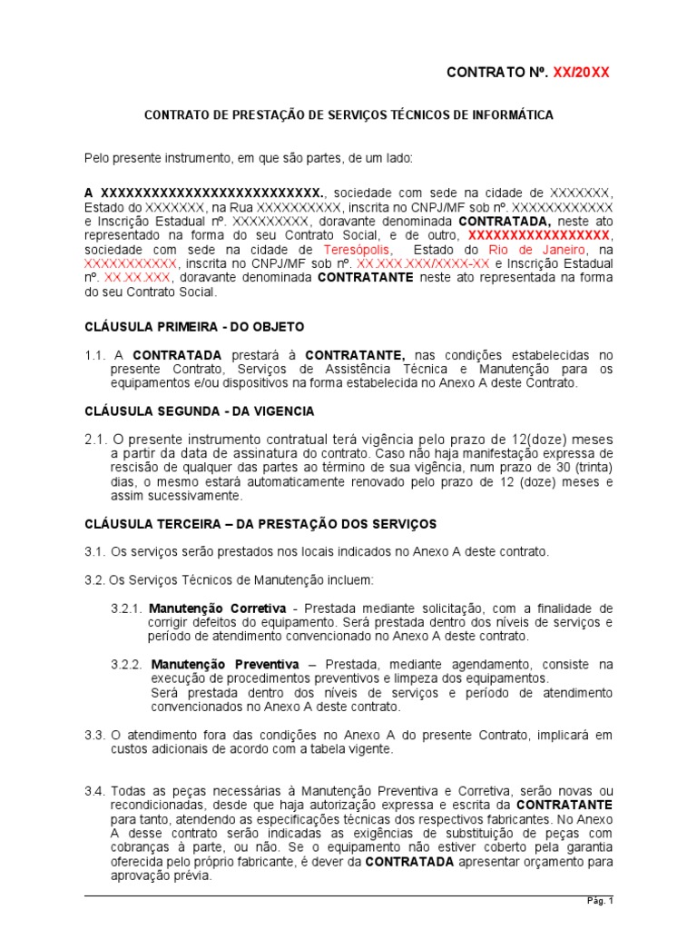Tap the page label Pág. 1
pyautogui.click(x=599, y=901)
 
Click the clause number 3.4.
pyautogui.click(x=95, y=791)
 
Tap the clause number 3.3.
pyautogui.click(x=95, y=735)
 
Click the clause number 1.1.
pyautogui.click(x=95, y=354)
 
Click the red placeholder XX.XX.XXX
pyautogui.click(x=136, y=278)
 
